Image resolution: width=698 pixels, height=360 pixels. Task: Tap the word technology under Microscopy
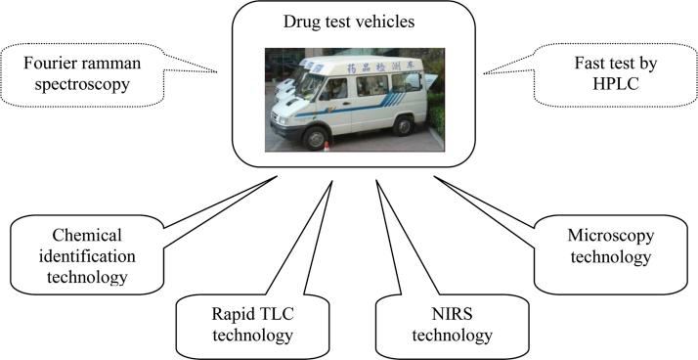pos(608,257)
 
